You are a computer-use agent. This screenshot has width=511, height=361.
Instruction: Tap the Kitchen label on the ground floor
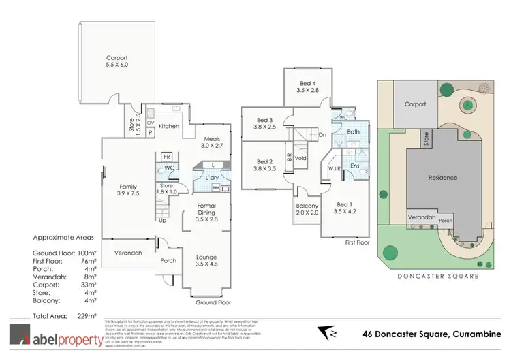168,127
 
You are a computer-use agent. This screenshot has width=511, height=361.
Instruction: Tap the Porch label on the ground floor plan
168,260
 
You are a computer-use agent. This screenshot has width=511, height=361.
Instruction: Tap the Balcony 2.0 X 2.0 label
307,209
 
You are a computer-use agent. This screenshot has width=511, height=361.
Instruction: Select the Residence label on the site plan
442,178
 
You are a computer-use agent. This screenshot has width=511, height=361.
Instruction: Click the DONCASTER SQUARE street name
440,276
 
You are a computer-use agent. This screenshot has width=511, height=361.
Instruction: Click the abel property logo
53,335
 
